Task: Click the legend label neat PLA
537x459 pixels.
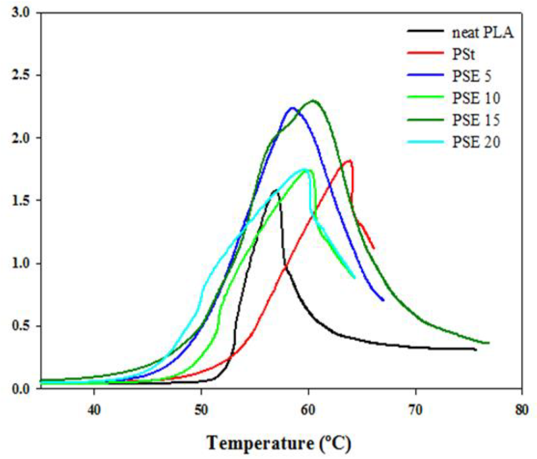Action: click(x=483, y=33)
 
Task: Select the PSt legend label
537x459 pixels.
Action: click(x=463, y=55)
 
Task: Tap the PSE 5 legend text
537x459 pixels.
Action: click(x=472, y=76)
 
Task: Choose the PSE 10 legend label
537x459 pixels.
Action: click(x=476, y=98)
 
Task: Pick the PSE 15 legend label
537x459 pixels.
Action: click(x=476, y=120)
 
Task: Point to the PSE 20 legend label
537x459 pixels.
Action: click(x=476, y=142)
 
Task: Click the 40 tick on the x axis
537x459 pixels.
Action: click(x=94, y=410)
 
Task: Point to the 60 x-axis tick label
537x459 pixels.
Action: click(x=308, y=410)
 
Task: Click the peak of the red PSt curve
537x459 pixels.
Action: click(x=350, y=160)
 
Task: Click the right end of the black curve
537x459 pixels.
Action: click(x=476, y=350)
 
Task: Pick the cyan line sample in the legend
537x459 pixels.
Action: click(x=425, y=142)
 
